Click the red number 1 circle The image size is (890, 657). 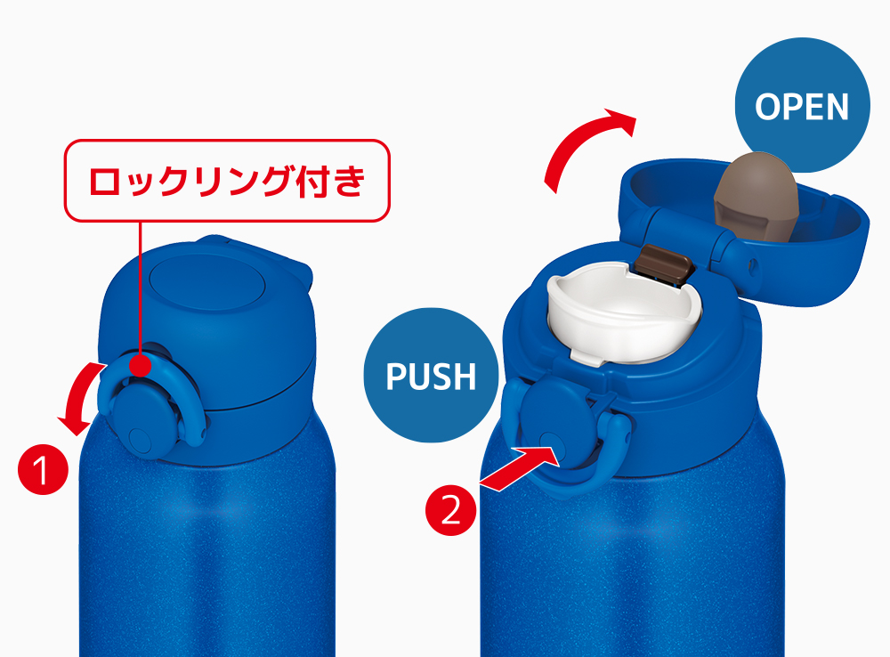pyautogui.click(x=43, y=470)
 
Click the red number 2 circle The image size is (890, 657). pyautogui.click(x=450, y=510)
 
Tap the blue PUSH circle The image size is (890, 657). pyautogui.click(x=431, y=375)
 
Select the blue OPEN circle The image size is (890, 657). pyautogui.click(x=802, y=106)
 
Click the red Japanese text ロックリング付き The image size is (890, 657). pyautogui.click(x=227, y=181)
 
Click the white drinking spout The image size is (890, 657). pyautogui.click(x=623, y=312)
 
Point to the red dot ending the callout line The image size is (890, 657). pyautogui.click(x=140, y=364)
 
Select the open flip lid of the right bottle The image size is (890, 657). pyautogui.click(x=743, y=227)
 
